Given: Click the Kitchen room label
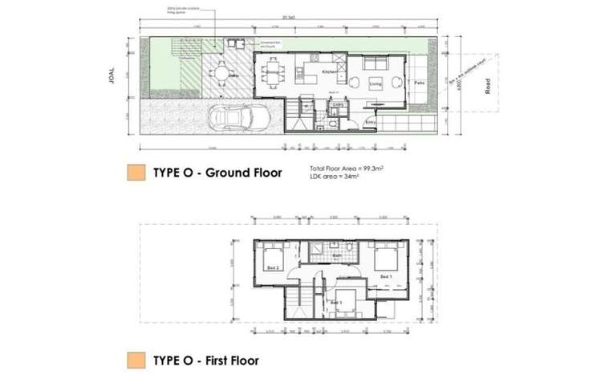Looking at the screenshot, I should click(x=329, y=73).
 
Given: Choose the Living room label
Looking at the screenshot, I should click(x=375, y=83).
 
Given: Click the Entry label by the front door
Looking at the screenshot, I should click(x=369, y=122).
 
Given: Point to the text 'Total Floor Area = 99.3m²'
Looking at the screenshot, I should click(x=345, y=168).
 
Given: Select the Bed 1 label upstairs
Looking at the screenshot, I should click(x=386, y=276).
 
